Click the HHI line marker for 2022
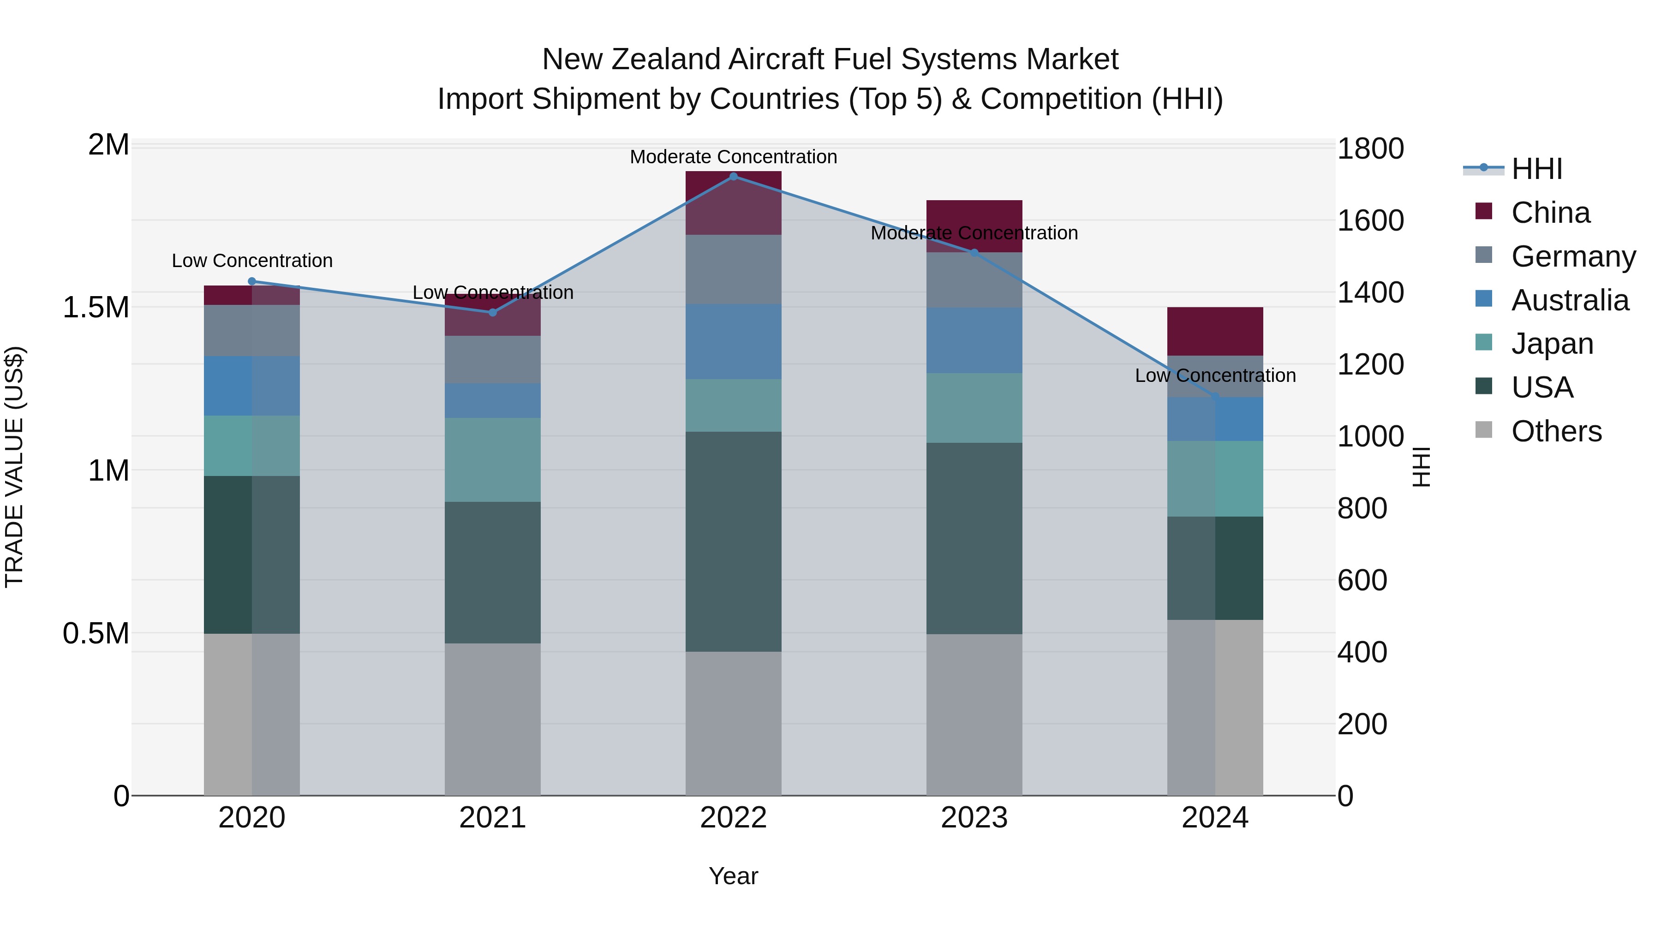733,176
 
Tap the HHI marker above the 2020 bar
252,281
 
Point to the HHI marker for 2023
974,253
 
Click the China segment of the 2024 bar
1215,331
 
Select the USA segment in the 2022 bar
733,541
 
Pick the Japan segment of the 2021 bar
493,459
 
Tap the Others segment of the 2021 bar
493,719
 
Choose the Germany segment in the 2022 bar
733,269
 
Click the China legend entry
1550,213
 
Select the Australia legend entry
1570,300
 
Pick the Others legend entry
1556,431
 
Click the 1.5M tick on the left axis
96,308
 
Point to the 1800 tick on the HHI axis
1369,149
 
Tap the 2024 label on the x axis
1215,818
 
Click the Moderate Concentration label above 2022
733,157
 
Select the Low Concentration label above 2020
252,261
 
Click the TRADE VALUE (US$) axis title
14,467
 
